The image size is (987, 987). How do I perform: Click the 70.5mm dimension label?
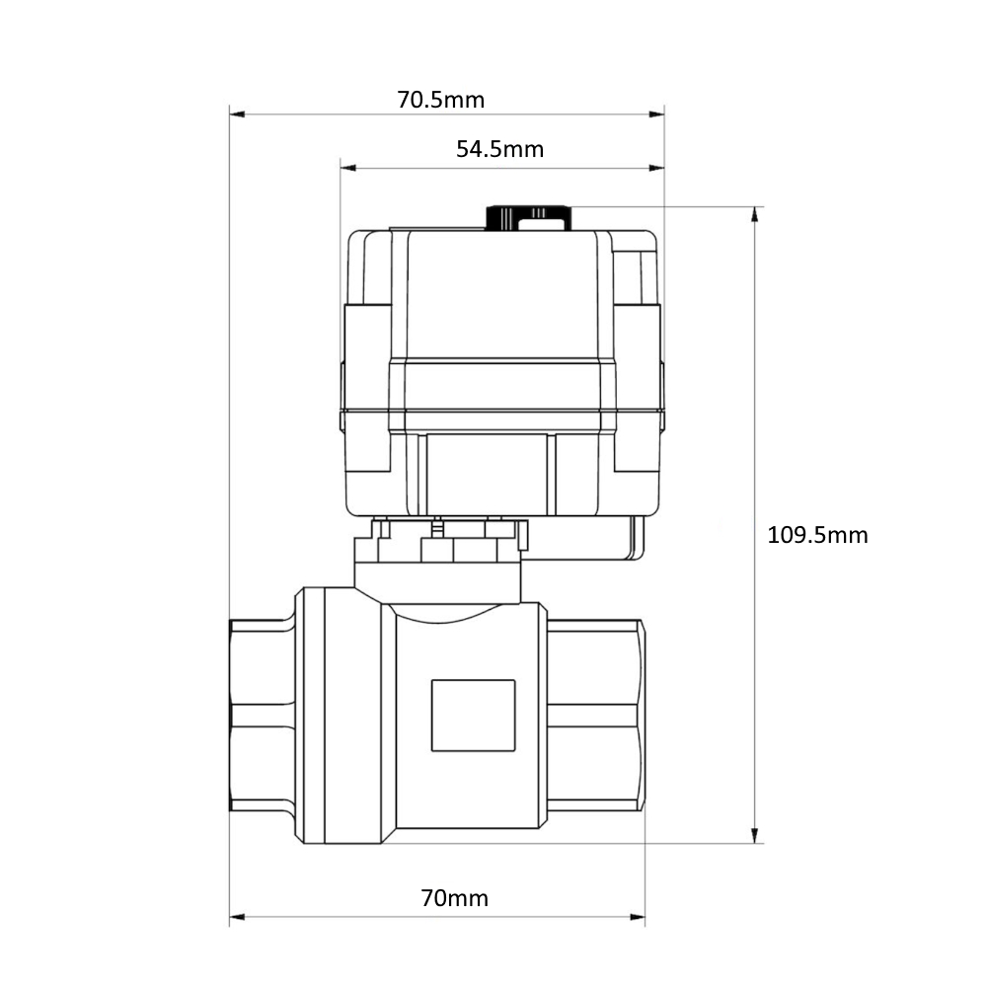440,100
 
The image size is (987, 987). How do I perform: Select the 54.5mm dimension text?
499,149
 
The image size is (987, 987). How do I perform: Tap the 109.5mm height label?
817,535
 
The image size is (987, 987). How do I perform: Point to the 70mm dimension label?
454,897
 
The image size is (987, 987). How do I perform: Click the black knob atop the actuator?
529,218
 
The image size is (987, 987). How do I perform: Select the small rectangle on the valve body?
474,715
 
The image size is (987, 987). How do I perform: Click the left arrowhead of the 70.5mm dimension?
237,114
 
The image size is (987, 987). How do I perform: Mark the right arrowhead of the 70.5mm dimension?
656,114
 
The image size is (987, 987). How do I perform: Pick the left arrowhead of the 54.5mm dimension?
348,168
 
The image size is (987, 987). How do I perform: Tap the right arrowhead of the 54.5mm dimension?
656,168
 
